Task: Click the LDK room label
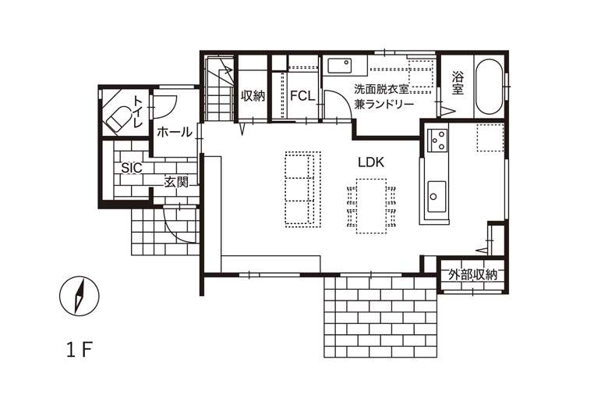tap(371, 162)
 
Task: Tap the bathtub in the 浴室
tap(489, 87)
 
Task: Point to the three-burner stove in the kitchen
tap(437, 141)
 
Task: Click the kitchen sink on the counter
tap(437, 196)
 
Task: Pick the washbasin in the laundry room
tap(340, 66)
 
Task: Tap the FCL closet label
tap(302, 95)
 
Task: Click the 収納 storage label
tap(253, 95)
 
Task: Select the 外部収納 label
tap(472, 275)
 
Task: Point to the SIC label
tap(132, 168)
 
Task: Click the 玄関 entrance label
tap(176, 182)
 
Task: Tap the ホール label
tap(175, 132)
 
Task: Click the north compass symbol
tap(79, 296)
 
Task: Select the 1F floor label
tap(80, 351)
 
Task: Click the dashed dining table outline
tap(371, 206)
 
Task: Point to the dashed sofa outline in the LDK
tap(303, 189)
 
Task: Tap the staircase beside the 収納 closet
tap(219, 88)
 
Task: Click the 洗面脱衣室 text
tap(381, 89)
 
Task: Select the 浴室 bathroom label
tap(458, 83)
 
